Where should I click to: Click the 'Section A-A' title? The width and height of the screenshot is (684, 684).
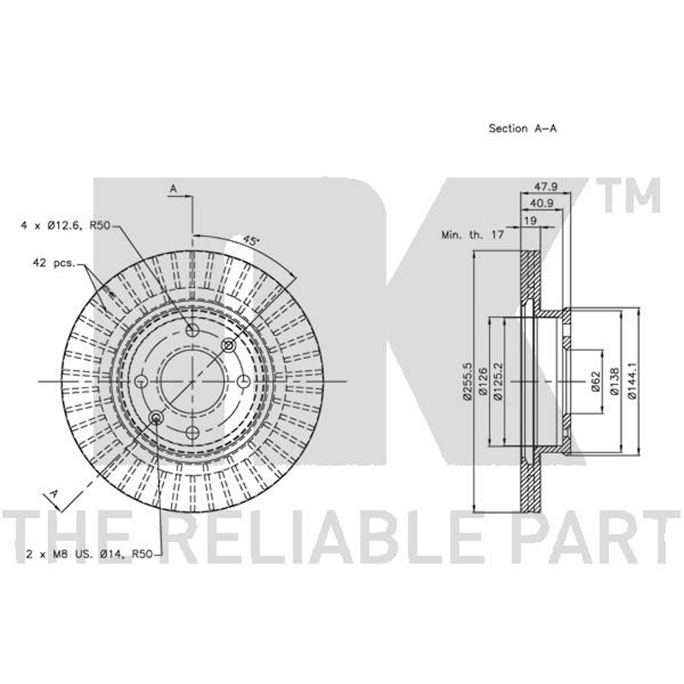coord(522,128)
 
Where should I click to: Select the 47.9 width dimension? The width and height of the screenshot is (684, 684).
coord(545,186)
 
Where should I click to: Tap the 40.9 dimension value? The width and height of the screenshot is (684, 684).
coord(541,203)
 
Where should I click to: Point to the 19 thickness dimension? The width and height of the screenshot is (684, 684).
coord(530,221)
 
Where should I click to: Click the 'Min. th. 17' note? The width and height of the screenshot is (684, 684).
coord(473,234)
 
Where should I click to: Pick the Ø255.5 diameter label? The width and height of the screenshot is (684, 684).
coord(467,380)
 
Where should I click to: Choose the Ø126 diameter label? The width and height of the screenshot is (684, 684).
coord(482,381)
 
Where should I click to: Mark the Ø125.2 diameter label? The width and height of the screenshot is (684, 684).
coord(498,380)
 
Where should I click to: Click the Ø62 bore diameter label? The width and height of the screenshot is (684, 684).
coord(596,381)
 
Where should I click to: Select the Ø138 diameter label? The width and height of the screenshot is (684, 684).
coord(614,381)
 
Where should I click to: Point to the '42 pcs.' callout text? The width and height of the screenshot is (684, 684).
coord(54,263)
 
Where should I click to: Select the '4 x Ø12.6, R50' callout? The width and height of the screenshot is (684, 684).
coord(66,226)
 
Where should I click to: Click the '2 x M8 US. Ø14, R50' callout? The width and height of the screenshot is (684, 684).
coord(90,554)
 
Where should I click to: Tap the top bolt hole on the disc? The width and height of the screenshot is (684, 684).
coord(192,330)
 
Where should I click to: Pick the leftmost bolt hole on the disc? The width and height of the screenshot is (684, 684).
coord(141,381)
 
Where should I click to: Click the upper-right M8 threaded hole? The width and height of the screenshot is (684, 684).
coord(228,345)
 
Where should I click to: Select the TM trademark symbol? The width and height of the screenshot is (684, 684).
coord(628,195)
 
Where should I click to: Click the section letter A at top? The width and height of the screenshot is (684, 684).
coord(174,188)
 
